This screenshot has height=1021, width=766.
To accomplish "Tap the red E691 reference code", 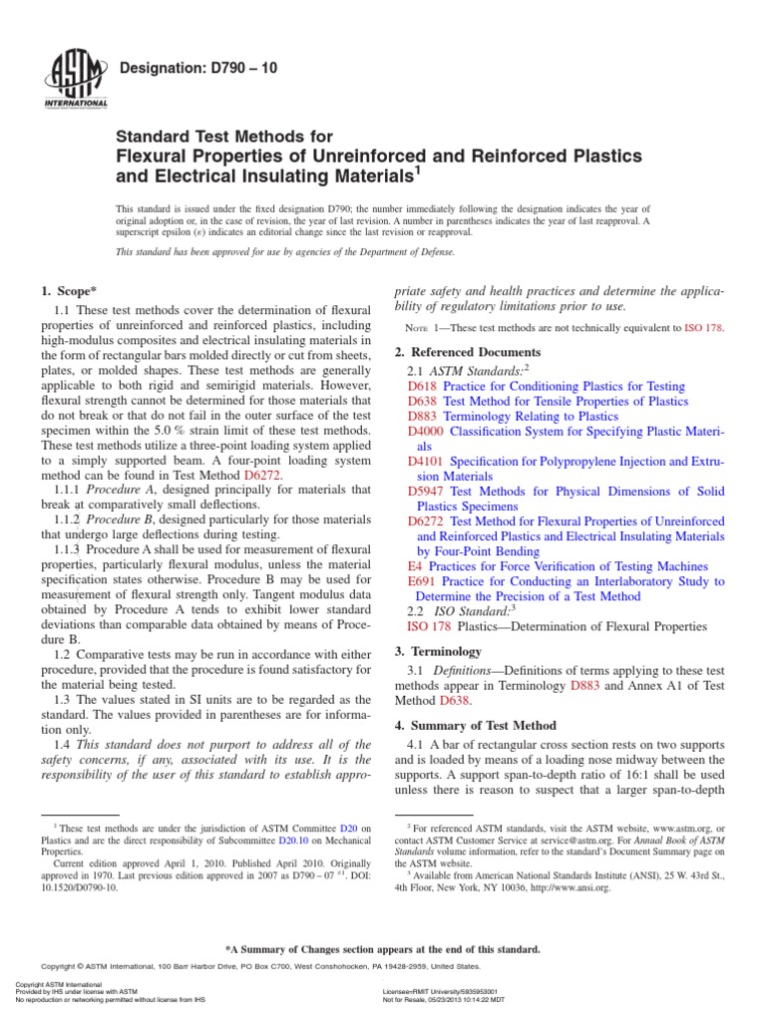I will click(423, 581).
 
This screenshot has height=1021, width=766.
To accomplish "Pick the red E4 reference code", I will click(415, 565).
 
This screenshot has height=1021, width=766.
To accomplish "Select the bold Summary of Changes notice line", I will click(383, 949).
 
